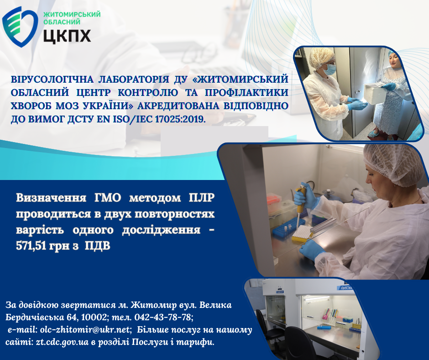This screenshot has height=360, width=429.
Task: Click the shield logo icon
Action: click(x=20, y=26)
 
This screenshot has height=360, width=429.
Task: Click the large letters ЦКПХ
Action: click(x=67, y=36)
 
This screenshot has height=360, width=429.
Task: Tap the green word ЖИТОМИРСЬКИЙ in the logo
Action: click(x=72, y=14)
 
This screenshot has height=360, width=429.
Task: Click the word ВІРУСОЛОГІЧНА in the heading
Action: click(x=52, y=79)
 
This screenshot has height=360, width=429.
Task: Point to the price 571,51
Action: click(x=31, y=246)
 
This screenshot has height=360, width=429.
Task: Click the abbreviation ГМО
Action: click(x=108, y=197)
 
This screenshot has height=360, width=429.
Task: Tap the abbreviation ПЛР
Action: click(x=201, y=197)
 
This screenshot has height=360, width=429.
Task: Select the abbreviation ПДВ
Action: click(x=97, y=246)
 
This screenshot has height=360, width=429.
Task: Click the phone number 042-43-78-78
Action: click(x=162, y=317)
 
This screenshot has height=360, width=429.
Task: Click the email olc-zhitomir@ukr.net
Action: click(x=84, y=329)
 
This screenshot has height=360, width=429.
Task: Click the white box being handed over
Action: click(x=375, y=93)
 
